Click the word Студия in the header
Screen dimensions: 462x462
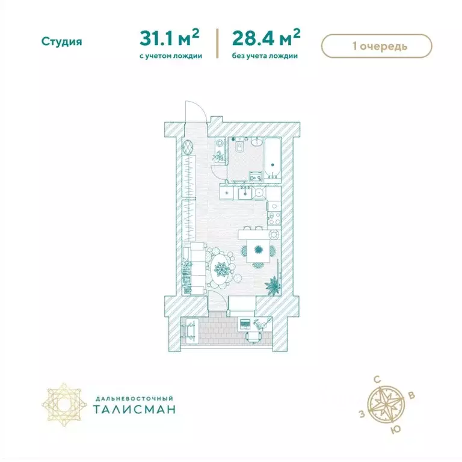(x=61, y=42)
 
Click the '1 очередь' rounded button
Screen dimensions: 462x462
(x=377, y=46)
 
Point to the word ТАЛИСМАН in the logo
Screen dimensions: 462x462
(x=134, y=409)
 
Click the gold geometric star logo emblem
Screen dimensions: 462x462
(x=64, y=404)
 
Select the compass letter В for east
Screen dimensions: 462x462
(x=411, y=395)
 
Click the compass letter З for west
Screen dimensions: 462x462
(x=362, y=414)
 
